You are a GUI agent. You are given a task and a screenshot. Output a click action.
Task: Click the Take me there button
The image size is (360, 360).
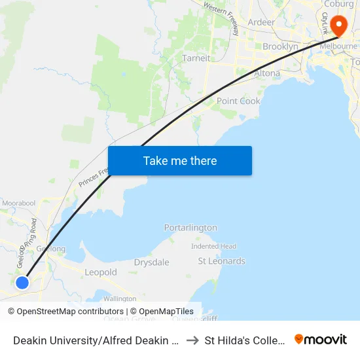pos(180,160)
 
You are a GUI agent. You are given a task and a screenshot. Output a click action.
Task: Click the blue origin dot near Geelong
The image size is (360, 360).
pos(22,282)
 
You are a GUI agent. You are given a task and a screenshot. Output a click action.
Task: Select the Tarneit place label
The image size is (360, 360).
pos(196,58)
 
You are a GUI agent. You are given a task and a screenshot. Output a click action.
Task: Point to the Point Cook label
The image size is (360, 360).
pos(238,101)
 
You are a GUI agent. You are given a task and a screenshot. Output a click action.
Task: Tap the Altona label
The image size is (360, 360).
pos(266,73)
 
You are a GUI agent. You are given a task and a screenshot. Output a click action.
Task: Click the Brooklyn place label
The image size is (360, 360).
pos(280,46)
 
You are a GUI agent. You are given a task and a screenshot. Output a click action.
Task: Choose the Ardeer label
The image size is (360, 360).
pos(261,22)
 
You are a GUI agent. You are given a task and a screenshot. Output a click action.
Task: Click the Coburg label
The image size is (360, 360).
pos(338,3)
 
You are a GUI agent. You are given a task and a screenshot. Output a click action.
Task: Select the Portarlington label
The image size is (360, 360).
pos(190,227)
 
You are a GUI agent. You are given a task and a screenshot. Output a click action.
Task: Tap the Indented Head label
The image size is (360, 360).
pos(213,246)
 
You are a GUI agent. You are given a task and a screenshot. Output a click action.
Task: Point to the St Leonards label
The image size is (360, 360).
pos(222,261)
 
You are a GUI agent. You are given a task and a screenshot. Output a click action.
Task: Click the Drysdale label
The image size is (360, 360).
pos(151,262)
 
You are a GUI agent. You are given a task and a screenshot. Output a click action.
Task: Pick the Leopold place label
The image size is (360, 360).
pos(101,272)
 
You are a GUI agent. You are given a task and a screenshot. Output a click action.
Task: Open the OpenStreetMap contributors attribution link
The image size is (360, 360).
pos(70,312)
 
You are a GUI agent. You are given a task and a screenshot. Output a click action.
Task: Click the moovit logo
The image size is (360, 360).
pos(320,339)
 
